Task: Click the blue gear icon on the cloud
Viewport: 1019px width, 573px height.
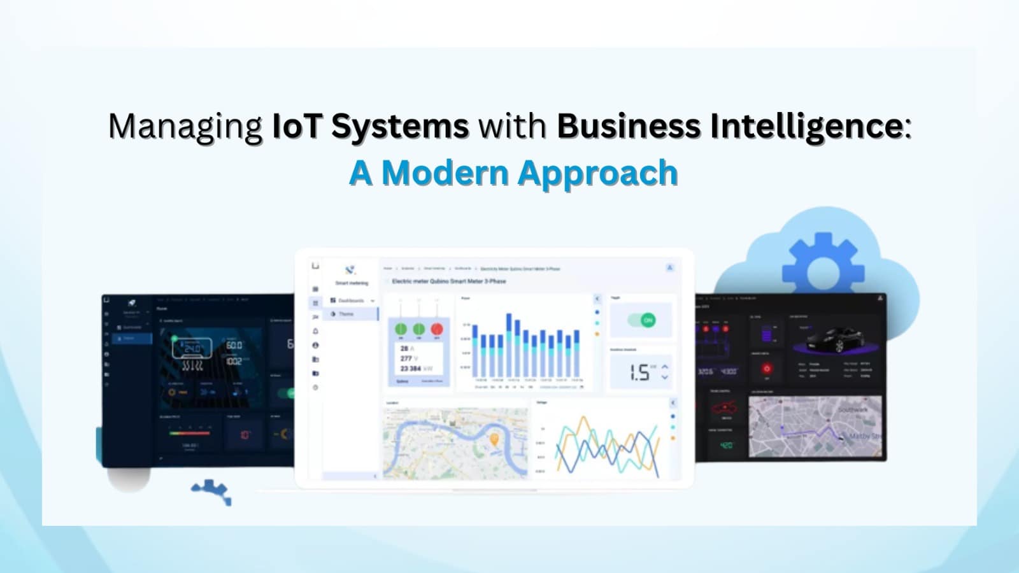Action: pos(823,268)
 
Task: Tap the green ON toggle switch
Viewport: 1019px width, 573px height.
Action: pos(642,320)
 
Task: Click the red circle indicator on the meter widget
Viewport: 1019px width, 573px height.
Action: pos(437,329)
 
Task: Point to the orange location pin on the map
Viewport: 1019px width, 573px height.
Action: pos(494,439)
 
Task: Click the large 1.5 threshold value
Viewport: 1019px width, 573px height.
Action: pos(639,372)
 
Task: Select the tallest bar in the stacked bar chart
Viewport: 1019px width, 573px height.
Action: pos(509,344)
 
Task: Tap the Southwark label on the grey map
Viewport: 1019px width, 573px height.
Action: pos(852,409)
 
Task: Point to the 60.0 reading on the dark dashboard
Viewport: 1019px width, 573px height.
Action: pos(234,345)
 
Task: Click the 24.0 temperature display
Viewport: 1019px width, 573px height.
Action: pos(192,349)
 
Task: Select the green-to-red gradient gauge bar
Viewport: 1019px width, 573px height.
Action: pos(189,433)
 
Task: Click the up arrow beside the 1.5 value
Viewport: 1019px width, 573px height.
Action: pos(665,367)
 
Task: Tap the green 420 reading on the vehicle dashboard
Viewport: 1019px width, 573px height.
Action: pos(726,445)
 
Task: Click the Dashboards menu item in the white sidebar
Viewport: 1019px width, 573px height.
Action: pos(351,301)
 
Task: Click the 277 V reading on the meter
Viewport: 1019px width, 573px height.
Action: pos(408,358)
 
